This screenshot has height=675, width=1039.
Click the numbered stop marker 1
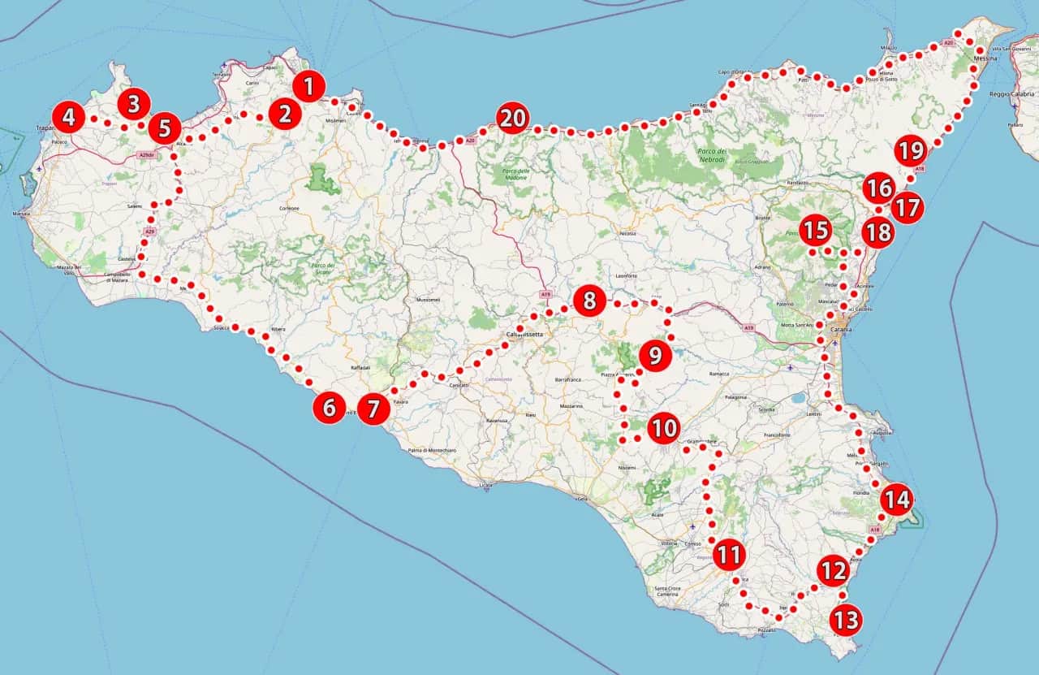tap(308, 86)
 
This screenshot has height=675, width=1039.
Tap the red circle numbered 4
tap(69, 118)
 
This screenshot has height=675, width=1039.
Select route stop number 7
tap(373, 409)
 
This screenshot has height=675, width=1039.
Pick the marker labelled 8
tap(589, 301)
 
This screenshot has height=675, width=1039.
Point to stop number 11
tap(729, 556)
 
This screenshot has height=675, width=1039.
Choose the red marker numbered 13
tap(845, 621)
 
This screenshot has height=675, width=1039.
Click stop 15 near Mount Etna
tap(815, 230)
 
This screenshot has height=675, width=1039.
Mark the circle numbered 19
tap(910, 150)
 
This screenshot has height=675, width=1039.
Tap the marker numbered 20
tap(512, 119)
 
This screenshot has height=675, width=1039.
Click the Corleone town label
tap(289, 209)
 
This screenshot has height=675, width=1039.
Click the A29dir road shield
tap(146, 154)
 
